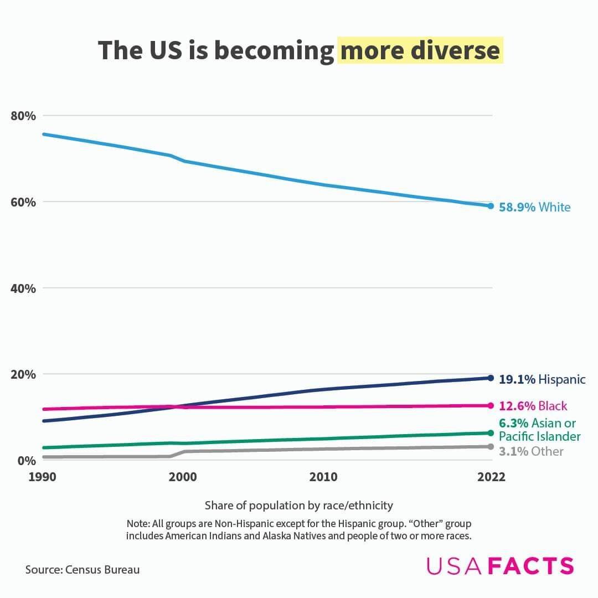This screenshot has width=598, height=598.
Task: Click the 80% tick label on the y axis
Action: pos(23,116)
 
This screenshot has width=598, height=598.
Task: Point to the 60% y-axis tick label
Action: pos(23,202)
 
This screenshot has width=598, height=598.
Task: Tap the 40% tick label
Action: pos(23,288)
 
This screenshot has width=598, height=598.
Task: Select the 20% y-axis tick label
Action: pos(23,374)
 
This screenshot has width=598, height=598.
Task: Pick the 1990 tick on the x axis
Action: pos(42,477)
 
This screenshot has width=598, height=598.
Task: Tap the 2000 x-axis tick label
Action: pos(182,477)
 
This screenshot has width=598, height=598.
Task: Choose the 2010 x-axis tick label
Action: pos(323,477)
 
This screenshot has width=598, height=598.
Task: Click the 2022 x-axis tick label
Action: pos(491,477)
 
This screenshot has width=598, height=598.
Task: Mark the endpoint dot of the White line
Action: pos(491,206)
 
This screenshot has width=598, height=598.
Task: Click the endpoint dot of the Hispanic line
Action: pos(491,378)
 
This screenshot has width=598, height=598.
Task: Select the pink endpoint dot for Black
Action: pos(491,405)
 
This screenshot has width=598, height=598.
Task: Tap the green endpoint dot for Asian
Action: pos(491,433)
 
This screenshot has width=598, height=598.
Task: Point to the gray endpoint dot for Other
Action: pos(491,446)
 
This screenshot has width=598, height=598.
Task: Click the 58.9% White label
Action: pos(534,207)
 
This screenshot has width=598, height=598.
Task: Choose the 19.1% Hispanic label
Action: pos(542,379)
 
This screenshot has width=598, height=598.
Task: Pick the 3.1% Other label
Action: pos(531,451)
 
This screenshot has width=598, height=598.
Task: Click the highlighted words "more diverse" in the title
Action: pos(420,50)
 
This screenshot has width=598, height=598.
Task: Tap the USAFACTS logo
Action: pos(500,566)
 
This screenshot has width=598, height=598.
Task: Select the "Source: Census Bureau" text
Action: pos(83,569)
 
